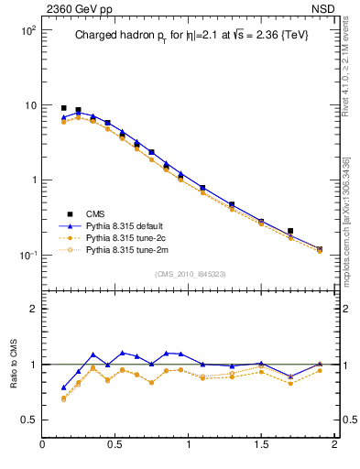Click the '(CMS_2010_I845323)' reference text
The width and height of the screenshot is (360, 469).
coord(191,273)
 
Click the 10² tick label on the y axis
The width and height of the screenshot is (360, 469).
coord(27,30)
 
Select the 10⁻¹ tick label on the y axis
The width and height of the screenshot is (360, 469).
coord(27,255)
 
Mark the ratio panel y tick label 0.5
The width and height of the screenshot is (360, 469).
coord(28,420)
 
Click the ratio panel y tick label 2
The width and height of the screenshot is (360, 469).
coord(32,310)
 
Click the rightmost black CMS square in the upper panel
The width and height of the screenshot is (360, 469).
coord(290,232)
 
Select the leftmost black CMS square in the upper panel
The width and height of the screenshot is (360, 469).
coord(63,108)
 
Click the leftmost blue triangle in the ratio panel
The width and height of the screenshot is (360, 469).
coord(63,387)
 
